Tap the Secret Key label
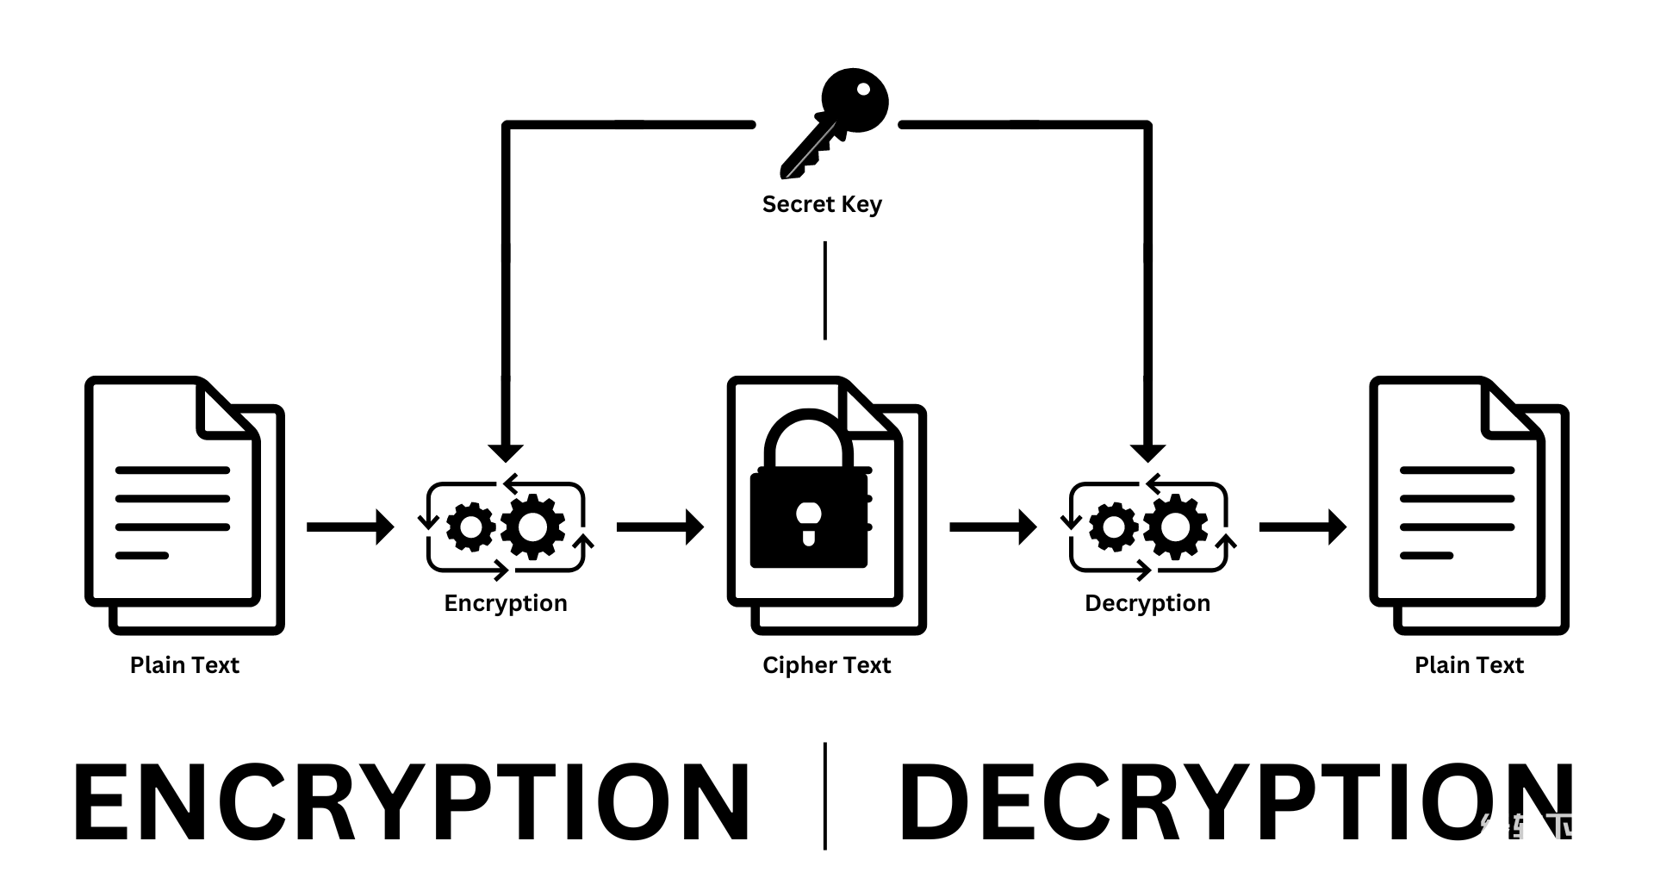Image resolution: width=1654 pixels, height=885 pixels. click(x=822, y=204)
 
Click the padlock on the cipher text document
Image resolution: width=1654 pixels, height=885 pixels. click(x=810, y=500)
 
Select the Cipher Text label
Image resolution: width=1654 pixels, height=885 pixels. click(x=826, y=665)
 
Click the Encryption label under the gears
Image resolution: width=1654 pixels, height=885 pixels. click(x=506, y=603)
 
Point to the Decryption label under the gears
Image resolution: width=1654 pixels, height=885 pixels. click(x=1147, y=603)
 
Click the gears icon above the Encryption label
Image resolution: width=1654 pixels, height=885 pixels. click(x=506, y=527)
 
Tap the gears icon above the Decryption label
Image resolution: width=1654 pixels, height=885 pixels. click(x=1148, y=527)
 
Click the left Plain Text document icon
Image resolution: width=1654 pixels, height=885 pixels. click(x=184, y=505)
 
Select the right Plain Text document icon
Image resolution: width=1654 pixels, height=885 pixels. click(x=1469, y=505)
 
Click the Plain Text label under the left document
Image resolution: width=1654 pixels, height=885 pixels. click(x=184, y=665)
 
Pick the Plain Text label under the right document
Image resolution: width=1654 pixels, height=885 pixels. click(x=1469, y=665)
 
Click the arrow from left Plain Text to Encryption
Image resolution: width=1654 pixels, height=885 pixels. click(x=350, y=527)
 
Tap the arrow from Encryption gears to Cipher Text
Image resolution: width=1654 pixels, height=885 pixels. click(x=660, y=527)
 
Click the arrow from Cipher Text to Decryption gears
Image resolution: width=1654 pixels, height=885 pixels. click(x=992, y=527)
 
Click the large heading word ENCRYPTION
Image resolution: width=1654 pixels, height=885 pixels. click(x=412, y=801)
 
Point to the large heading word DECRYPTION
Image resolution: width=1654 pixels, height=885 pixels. click(x=1235, y=801)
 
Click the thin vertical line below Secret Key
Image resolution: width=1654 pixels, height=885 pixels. click(x=825, y=290)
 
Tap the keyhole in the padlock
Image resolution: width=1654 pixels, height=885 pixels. click(x=809, y=522)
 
